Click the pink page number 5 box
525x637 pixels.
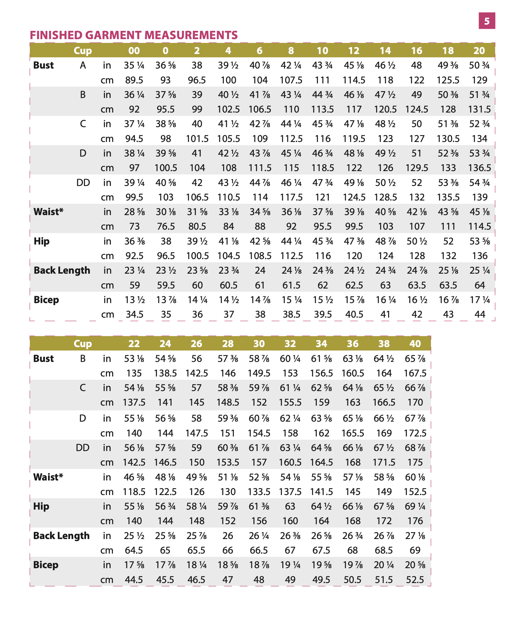pos(487,21)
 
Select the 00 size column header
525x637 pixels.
pos(134,51)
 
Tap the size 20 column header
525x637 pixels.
pos(479,51)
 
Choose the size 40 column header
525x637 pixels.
pos(415,343)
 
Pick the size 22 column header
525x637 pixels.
pos(134,343)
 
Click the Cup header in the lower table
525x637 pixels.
pos(83,343)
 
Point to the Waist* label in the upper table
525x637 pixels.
pos(48,212)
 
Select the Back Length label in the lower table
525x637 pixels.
pos(61,536)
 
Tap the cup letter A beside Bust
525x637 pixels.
pos(83,65)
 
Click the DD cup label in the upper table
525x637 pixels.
pos(83,183)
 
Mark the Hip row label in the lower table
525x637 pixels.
pos(41,506)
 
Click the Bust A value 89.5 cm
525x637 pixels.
pos(134,80)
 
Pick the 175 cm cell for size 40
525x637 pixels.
pos(415,462)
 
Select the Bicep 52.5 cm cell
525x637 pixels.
pos(415,580)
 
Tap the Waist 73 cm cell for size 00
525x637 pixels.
pos(134,227)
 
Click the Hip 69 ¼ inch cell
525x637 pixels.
pos(415,506)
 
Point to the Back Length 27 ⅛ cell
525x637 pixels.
pos(415,536)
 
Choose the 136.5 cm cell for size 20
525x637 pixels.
pos(479,168)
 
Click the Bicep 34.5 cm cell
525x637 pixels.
pos(135,315)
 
